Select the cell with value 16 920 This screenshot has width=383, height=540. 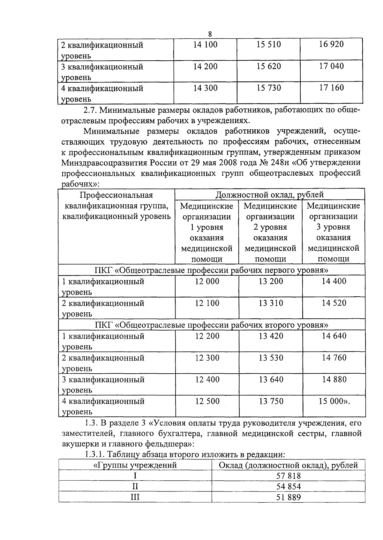pos(331,44)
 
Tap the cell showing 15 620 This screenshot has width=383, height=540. pos(269,66)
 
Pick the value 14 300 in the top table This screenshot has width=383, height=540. pos(205,88)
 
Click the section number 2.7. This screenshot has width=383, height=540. pos(91,110)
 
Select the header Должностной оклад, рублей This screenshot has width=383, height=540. pos(270,194)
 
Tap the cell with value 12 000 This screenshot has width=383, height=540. pos(207,281)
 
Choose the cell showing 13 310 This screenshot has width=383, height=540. pos(271,303)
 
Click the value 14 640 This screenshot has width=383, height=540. pos(334,336)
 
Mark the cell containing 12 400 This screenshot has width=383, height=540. pos(207,379)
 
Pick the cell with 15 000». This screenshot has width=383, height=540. pos(334,401)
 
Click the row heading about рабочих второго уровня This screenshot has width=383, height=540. pos(212,325)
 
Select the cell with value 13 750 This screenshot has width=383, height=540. pos(271,401)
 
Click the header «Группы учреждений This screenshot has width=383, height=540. pos(135,465)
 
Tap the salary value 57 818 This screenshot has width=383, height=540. pos(288,476)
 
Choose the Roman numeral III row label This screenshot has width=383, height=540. pos(135,497)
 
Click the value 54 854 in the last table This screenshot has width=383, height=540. pos(288,487)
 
